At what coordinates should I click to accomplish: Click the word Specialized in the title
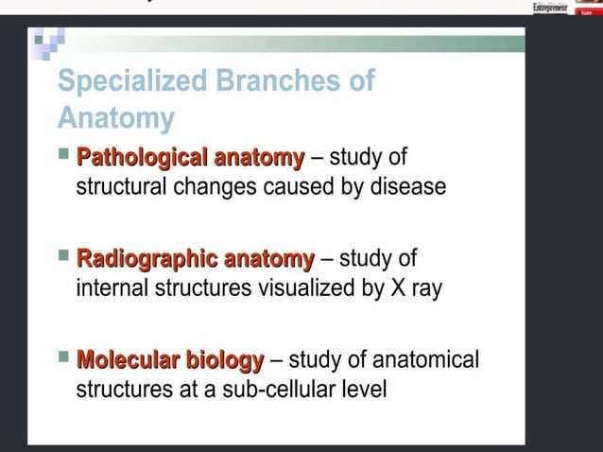click(133, 82)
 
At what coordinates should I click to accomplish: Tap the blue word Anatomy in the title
click(116, 119)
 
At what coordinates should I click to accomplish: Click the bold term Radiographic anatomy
click(195, 258)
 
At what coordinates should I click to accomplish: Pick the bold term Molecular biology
click(170, 360)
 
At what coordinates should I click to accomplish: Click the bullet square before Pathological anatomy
click(63, 152)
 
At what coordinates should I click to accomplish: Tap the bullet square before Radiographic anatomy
click(63, 254)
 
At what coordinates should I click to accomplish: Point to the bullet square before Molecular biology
click(63, 356)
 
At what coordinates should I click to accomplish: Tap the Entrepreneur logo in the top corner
click(551, 8)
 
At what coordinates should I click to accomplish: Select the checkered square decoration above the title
click(46, 41)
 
